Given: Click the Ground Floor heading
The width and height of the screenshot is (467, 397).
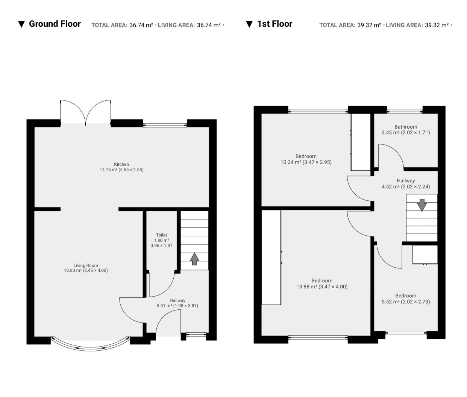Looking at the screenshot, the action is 55,24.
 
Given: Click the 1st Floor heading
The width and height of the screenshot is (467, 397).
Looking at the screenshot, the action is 274,24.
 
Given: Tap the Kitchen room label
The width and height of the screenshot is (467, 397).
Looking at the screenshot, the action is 121,167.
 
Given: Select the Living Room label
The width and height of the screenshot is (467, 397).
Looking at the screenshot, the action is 86,268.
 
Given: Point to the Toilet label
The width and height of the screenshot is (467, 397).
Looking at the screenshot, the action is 161,240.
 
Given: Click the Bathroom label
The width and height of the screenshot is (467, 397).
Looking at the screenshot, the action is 406,130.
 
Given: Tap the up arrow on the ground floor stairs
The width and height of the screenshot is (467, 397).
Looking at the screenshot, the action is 194,259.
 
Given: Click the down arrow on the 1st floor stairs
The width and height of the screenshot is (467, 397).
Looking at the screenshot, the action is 422,205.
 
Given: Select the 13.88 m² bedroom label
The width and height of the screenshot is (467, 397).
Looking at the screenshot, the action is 322,283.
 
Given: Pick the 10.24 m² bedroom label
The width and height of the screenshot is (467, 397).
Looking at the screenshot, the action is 306,159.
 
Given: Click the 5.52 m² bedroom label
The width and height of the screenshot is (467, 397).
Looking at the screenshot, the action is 406,299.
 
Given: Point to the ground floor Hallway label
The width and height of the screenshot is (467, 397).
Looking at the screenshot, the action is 177,303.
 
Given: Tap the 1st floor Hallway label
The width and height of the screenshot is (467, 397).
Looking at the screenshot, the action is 406,183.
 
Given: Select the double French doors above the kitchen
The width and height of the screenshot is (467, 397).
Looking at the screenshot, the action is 86,112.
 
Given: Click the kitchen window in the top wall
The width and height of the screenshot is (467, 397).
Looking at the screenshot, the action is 165,125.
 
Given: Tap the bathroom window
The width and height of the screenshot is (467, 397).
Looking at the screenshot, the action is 405,111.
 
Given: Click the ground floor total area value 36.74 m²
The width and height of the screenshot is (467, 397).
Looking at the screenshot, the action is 141,25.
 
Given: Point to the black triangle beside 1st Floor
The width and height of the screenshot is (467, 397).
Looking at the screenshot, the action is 249,24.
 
